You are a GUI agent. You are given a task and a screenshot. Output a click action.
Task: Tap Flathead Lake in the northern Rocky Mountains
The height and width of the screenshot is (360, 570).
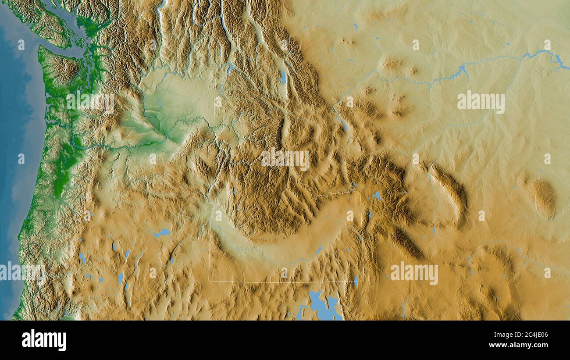[283, 78]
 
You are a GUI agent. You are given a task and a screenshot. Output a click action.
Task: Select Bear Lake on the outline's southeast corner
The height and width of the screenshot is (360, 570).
[356, 281]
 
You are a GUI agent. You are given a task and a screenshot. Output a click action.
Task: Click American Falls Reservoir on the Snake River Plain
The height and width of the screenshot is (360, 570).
[318, 250]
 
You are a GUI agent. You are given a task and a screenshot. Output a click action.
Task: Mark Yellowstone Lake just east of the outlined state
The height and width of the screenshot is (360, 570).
[376, 196]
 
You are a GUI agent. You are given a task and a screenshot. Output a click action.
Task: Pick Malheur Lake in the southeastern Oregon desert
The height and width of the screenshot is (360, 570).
[161, 233]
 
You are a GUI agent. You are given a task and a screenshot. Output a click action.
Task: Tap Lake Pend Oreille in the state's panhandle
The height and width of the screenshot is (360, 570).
[229, 68]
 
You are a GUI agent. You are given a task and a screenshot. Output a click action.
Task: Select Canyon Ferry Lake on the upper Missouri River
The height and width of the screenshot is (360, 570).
[343, 125]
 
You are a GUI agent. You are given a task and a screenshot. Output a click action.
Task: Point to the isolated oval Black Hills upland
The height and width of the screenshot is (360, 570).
[544, 197]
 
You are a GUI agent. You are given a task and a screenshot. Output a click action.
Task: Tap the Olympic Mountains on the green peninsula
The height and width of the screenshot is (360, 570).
[61, 68]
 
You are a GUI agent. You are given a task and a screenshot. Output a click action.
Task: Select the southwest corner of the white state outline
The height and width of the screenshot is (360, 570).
[209, 281]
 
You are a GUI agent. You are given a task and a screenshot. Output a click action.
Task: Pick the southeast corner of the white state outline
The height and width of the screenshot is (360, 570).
[363, 281]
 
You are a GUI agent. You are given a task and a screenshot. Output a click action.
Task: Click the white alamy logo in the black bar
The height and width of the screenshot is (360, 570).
[44, 340]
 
